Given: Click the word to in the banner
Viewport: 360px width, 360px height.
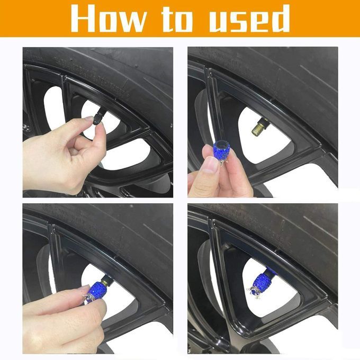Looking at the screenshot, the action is coord(177,19).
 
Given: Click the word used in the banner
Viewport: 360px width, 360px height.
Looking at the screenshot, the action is coord(249,19).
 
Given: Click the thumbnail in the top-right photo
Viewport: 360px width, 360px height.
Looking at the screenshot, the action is coord(210,164).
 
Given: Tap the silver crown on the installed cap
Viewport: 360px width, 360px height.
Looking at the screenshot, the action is coord(254,291).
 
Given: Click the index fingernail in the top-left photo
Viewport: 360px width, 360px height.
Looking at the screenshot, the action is coord(88,119).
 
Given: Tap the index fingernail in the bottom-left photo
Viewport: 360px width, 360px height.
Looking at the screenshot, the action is coord(85,288).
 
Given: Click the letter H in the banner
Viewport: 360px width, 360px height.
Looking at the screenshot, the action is coord(84,19).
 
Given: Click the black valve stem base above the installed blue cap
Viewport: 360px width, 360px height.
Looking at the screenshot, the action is coord(271,272).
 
